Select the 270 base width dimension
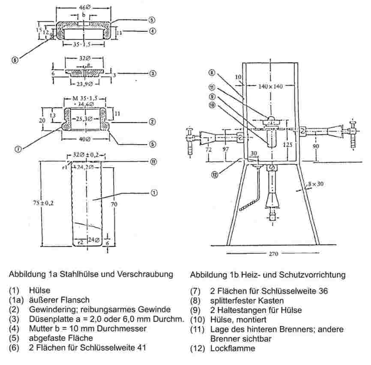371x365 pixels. coord(273,253)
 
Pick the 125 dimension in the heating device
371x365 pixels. coord(287,145)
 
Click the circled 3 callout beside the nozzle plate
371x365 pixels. coord(153,73)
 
